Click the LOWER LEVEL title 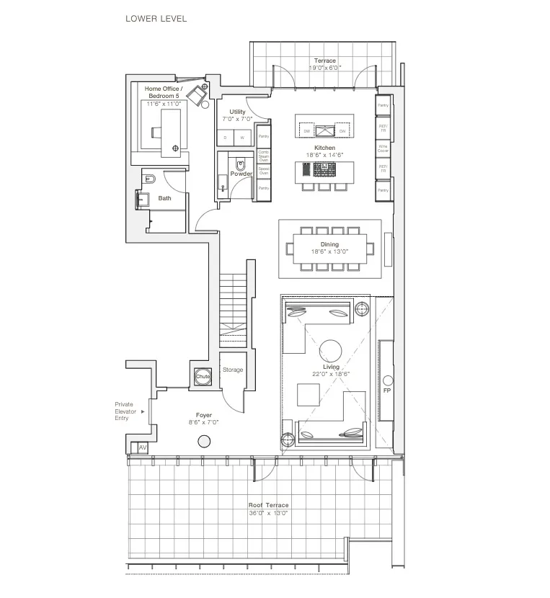click(x=156, y=18)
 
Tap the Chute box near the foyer click(x=202, y=376)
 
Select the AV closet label click(x=143, y=448)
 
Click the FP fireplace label click(x=387, y=391)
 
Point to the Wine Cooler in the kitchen click(x=383, y=148)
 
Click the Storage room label click(x=233, y=370)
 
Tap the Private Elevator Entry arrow click(x=143, y=411)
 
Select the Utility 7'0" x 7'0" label click(x=237, y=115)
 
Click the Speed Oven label click(x=263, y=171)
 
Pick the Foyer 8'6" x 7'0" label click(x=204, y=419)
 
